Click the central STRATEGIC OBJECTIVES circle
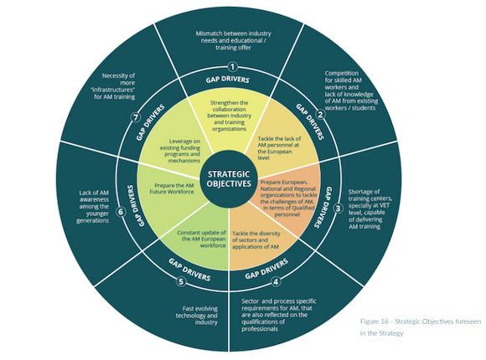click(229, 179)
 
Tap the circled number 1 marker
click(232, 67)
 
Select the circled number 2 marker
click(320, 115)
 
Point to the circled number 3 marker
click(338, 208)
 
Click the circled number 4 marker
click(276, 282)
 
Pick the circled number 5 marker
click(181, 281)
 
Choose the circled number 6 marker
click(121, 212)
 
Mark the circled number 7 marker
click(135, 117)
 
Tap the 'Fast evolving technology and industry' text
click(197, 316)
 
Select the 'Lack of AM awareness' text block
click(93, 206)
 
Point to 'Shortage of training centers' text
click(370, 208)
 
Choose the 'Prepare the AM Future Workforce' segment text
click(172, 188)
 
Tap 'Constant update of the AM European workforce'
click(201, 239)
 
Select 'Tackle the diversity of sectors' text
click(256, 240)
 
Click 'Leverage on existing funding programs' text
click(180, 151)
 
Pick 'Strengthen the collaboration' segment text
click(230, 116)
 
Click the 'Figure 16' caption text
click(421, 327)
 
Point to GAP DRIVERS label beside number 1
click(228, 80)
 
